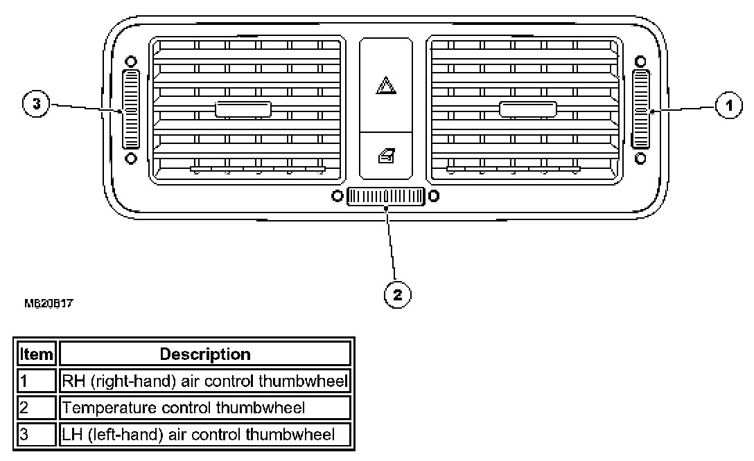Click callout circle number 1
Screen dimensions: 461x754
tap(726, 107)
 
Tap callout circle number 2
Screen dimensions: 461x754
tap(397, 295)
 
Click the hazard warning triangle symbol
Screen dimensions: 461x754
tap(385, 87)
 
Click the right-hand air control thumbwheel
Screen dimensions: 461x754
tap(640, 109)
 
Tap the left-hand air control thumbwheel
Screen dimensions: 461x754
tap(130, 109)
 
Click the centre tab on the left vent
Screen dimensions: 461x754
tap(243, 109)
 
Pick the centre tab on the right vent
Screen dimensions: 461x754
tap(528, 109)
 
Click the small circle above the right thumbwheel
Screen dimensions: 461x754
tap(640, 61)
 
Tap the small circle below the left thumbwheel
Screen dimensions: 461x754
tap(130, 159)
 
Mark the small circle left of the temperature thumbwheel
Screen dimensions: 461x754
tap(337, 196)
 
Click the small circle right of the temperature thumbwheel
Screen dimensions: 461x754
tap(433, 196)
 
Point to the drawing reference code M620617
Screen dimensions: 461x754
tap(49, 303)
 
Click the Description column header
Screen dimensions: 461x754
tap(205, 354)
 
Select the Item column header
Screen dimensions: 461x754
tap(36, 354)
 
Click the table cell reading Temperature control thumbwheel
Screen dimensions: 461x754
tap(205, 408)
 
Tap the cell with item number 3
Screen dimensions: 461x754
tap(36, 434)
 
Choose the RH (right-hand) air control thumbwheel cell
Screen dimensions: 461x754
tap(205, 381)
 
